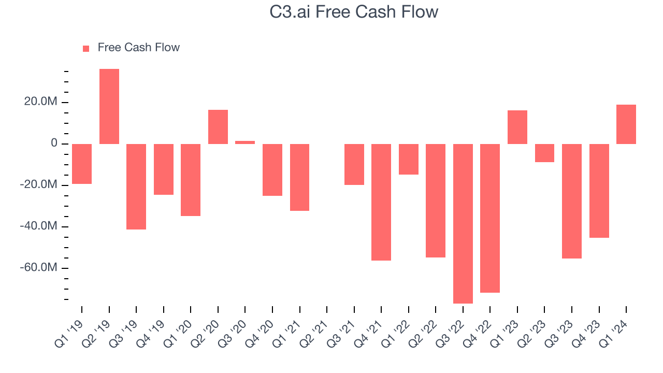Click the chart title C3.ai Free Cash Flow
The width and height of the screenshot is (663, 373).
coord(354,12)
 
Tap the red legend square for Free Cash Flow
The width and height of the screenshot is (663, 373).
coord(86,48)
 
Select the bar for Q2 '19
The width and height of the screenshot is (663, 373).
coord(109,106)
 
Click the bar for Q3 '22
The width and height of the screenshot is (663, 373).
coord(463,223)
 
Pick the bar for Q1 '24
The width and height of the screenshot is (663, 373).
coord(626,124)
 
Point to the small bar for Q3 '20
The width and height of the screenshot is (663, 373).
coord(245,142)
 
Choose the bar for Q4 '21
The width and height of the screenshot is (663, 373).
coord(381,202)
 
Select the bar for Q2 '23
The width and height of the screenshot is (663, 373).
coord(544,153)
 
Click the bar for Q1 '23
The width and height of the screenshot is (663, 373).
coord(517,127)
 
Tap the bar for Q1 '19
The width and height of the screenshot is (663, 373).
coord(82,164)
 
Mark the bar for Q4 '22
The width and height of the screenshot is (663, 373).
coord(490,218)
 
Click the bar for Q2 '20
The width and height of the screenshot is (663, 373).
coord(218,127)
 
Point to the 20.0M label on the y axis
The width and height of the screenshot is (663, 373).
coord(39,102)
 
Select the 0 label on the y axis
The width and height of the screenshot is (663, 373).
coord(54,144)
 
